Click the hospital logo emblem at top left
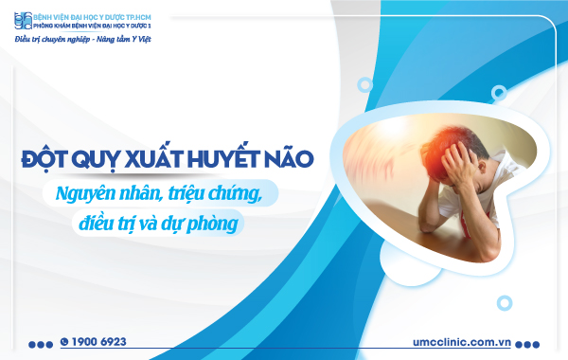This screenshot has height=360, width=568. (23, 21)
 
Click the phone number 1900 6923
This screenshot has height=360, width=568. (99, 341)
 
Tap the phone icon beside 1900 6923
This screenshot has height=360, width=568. (64, 341)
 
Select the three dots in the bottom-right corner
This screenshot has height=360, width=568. (531, 343)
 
